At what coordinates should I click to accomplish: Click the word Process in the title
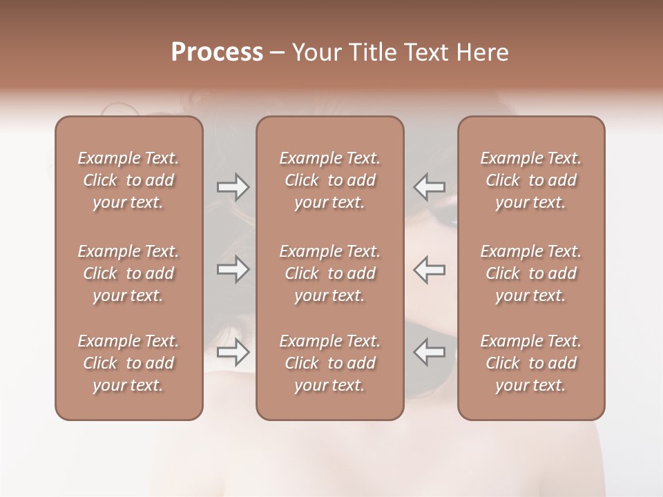[217, 52]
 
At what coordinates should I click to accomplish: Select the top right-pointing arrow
[233, 187]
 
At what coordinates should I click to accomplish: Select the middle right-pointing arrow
[233, 269]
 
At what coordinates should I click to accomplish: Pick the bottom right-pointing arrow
[233, 352]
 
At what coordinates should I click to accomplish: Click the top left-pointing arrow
[429, 187]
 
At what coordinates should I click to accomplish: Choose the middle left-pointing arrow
[429, 269]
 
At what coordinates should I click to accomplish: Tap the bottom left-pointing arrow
[429, 352]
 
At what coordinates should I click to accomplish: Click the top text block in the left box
[128, 180]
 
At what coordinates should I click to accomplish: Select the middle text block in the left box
[128, 273]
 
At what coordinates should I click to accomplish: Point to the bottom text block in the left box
[128, 363]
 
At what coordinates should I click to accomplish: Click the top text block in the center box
[329, 180]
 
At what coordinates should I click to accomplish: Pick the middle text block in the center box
[329, 273]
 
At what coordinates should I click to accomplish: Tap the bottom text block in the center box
[329, 363]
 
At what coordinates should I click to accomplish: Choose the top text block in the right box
[530, 180]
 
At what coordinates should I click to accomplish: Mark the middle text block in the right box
[530, 273]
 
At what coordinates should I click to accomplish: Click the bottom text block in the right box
[530, 363]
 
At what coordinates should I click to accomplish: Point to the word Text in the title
[426, 52]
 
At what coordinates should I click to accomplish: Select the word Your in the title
[315, 52]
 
